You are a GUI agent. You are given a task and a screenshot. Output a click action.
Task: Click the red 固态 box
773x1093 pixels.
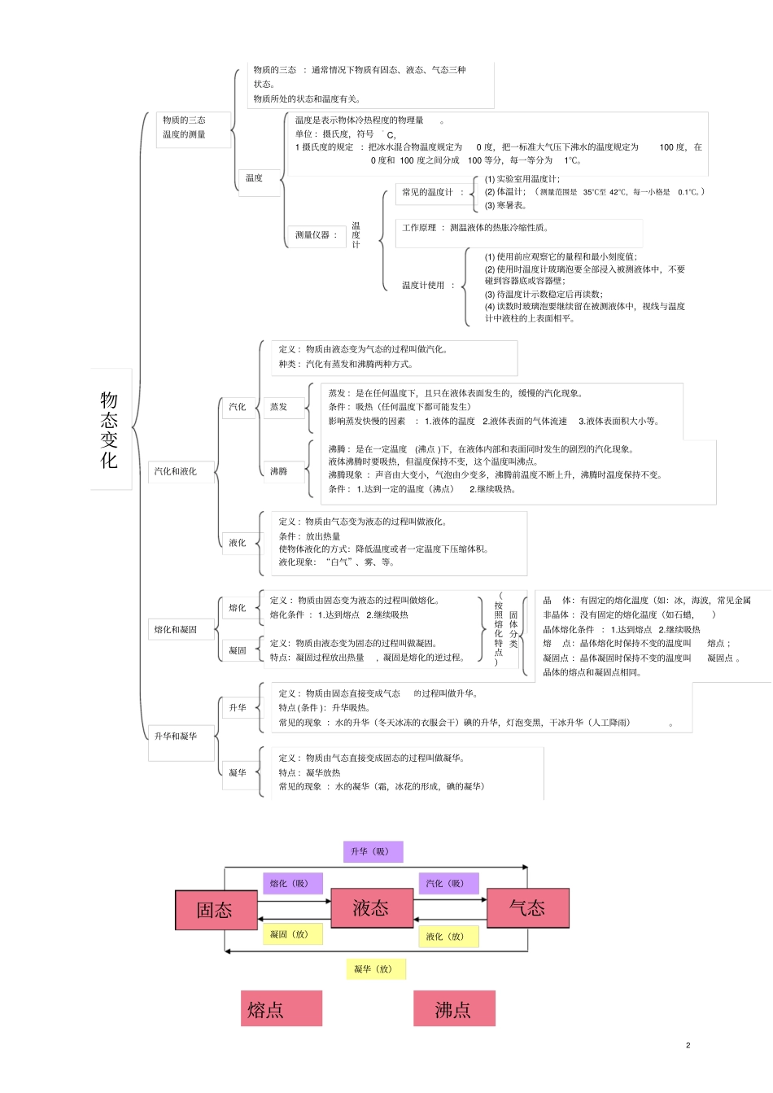coord(216,910)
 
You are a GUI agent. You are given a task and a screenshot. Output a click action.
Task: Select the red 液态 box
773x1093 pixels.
coord(372,907)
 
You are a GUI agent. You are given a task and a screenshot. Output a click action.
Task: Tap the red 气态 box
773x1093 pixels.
coord(528,907)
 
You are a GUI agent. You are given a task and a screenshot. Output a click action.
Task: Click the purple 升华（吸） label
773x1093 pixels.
coord(373,851)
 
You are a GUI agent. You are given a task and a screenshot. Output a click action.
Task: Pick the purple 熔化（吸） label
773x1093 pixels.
coord(293,883)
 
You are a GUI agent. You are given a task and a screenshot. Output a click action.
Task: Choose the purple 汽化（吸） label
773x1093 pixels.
coord(448,883)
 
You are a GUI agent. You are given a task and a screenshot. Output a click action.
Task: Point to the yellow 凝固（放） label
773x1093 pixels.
coord(293,934)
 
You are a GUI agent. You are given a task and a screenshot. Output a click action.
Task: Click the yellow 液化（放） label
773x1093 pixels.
coord(448,937)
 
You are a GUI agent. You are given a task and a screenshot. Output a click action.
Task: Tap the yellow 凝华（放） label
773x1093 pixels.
coord(376,969)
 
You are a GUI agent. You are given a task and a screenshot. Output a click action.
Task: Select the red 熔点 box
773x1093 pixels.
coord(282,1008)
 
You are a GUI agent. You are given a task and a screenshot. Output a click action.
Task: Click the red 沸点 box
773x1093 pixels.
coord(455,1008)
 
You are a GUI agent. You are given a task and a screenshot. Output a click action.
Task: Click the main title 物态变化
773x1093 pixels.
coord(109,430)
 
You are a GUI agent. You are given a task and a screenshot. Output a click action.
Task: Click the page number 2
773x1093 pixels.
coord(688,1045)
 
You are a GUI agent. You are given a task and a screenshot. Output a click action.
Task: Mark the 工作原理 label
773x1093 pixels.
coord(419,228)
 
